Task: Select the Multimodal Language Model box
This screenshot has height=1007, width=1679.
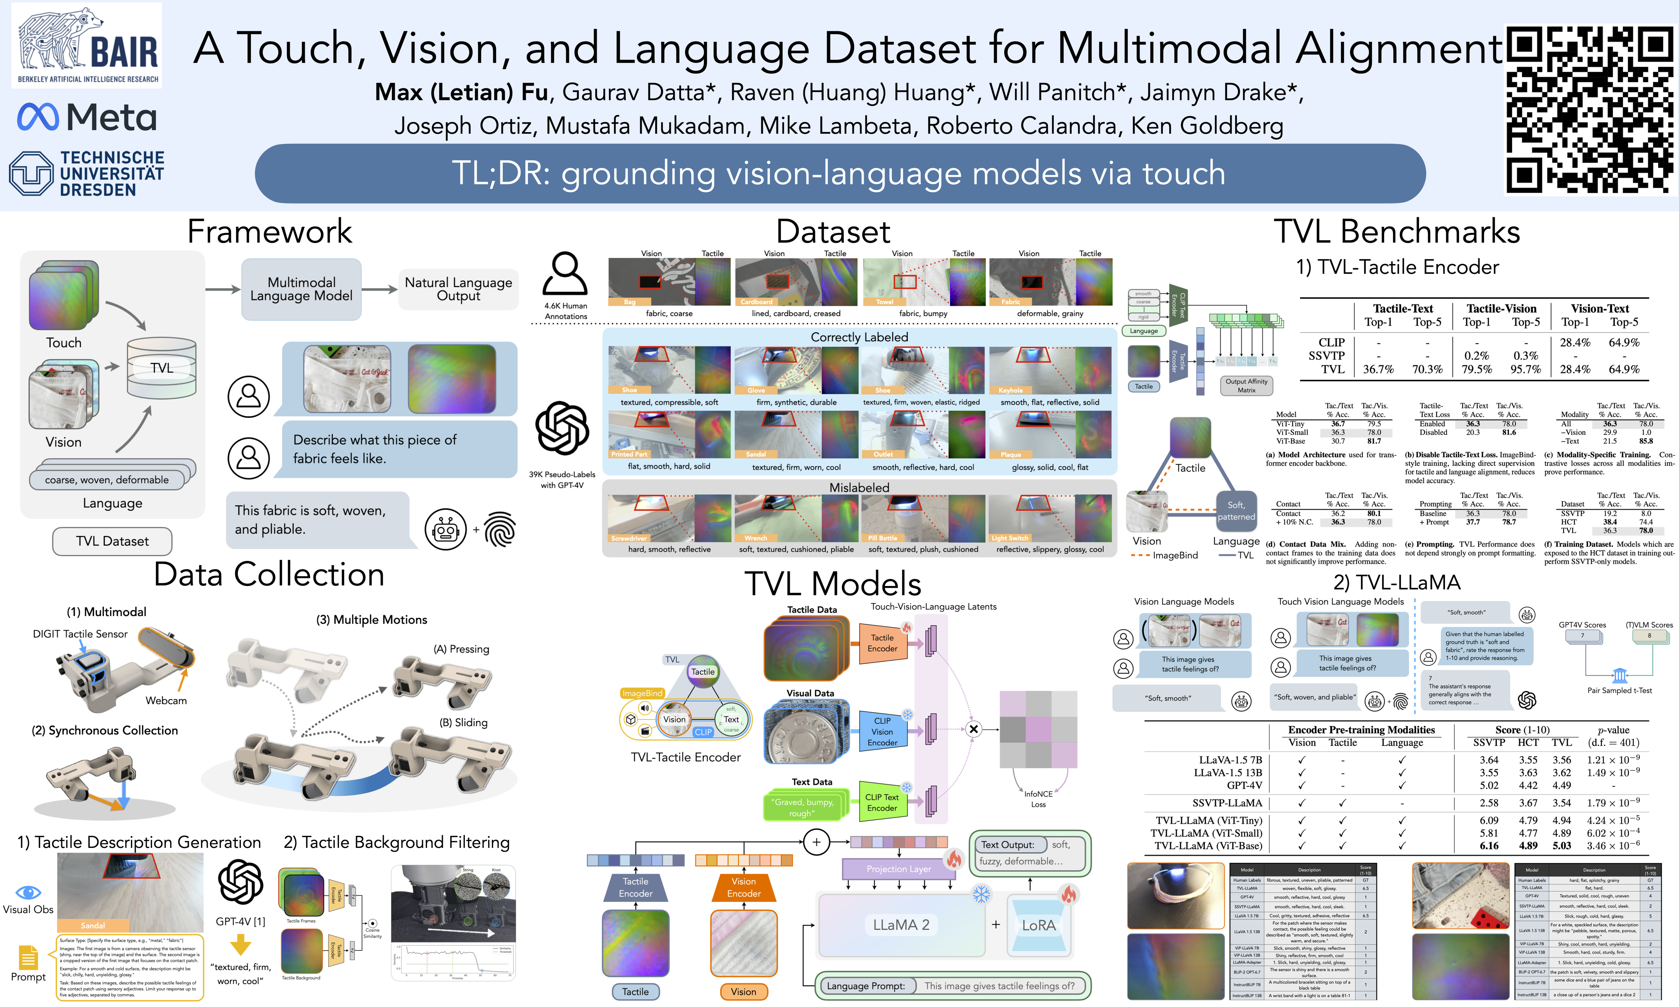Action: coord(301,289)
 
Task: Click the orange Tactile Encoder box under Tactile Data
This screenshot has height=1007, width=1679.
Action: coord(882,643)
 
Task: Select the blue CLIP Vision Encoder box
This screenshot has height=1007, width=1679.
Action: coord(882,731)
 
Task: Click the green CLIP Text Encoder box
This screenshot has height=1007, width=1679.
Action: coord(881,802)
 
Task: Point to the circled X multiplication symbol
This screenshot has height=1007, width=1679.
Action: coord(973,729)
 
